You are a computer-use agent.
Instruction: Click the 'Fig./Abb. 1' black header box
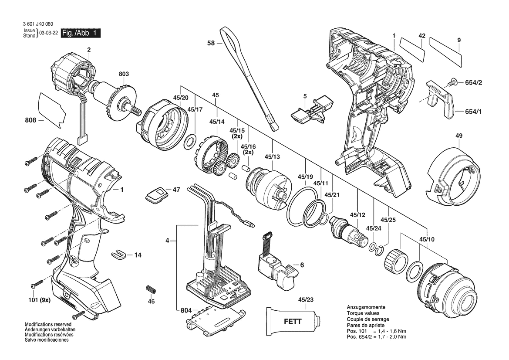coord(81,33)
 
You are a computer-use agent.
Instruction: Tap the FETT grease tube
coord(292,323)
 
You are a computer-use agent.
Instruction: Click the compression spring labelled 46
coord(150,290)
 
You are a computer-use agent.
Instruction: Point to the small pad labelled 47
coord(157,194)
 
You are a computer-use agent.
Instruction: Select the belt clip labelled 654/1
coord(440,98)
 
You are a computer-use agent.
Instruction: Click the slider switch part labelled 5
coord(310,112)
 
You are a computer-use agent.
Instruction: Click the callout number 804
coord(186,310)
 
